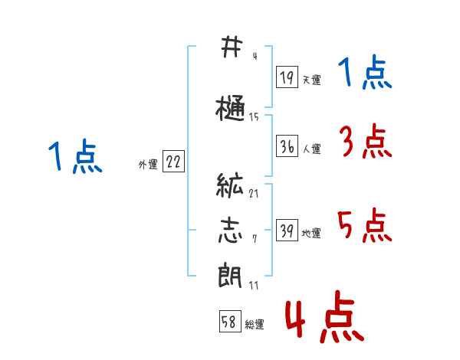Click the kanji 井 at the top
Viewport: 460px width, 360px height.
point(232,47)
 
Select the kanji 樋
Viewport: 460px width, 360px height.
point(230,108)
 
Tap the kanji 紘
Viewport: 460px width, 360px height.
point(230,185)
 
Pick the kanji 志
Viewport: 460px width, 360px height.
point(231,231)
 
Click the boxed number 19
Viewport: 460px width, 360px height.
point(287,77)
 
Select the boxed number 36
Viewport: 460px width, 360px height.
point(287,146)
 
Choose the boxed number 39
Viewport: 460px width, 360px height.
point(287,230)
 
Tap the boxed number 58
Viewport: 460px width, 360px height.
point(230,321)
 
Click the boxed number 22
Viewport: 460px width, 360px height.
point(173,162)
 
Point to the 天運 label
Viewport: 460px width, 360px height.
point(312,80)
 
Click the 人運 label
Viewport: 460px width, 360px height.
point(312,149)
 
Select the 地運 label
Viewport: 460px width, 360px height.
point(311,234)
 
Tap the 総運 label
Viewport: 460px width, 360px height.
point(255,325)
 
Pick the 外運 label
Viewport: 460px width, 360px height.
point(148,165)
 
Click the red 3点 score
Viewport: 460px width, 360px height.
point(366,141)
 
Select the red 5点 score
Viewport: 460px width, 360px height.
point(365,225)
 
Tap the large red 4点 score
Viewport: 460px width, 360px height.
point(325,316)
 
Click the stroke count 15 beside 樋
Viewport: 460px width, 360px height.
point(254,117)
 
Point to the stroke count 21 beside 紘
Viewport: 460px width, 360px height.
point(254,194)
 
